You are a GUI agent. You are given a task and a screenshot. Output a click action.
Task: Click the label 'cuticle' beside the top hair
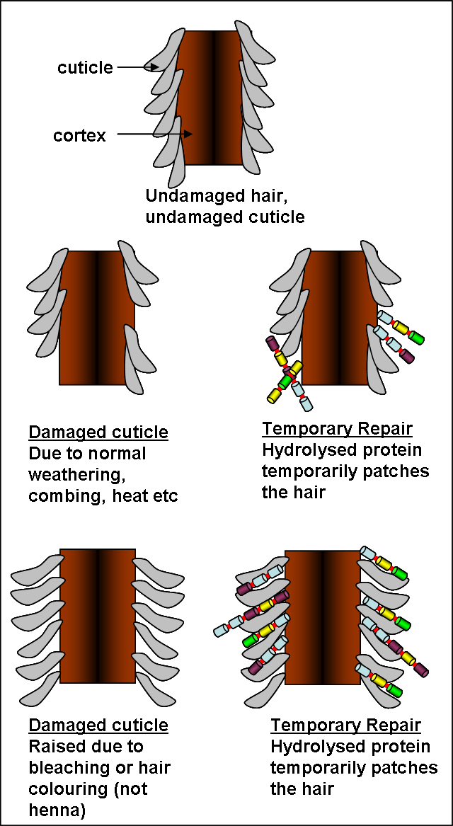[x=85, y=67]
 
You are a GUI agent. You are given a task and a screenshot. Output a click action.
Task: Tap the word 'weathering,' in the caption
[x=77, y=476]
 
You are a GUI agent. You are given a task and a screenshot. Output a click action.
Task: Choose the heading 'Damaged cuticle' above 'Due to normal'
[x=98, y=432]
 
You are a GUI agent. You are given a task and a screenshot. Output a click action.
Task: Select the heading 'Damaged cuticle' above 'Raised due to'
[x=98, y=725]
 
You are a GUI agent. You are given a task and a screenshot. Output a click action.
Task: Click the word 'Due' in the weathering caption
[x=43, y=454]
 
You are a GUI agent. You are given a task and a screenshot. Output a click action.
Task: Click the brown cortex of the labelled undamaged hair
[x=210, y=97]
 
